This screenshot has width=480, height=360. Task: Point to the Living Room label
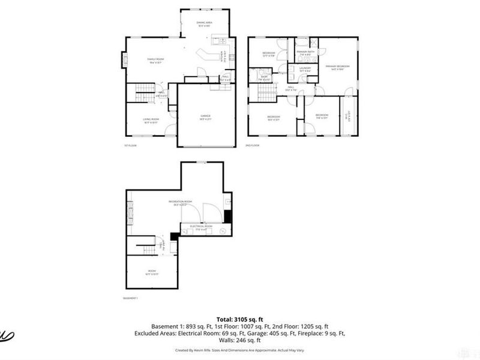pos(150,120)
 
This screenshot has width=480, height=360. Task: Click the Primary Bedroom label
pos(337,67)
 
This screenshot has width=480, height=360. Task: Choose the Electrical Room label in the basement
pos(198,227)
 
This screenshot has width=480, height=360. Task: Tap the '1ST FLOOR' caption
pos(131,145)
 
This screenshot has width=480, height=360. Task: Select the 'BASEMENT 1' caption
pos(131,298)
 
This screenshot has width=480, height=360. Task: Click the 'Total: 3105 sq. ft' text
pos(240,319)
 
